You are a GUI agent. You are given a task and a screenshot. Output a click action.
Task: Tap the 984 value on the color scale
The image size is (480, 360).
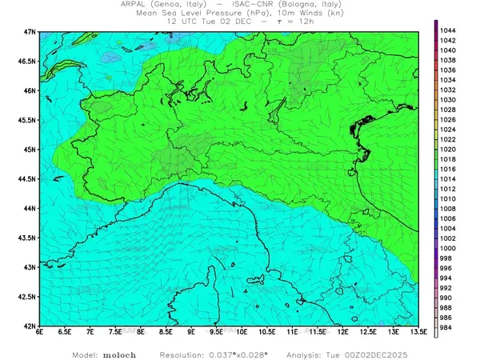(x=448, y=326)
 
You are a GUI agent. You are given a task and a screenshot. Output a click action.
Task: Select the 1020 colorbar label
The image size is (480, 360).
(x=448, y=149)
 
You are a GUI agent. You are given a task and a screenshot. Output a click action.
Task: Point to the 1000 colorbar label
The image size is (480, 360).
(x=448, y=248)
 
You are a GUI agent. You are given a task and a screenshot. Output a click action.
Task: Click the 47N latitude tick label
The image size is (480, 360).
(x=30, y=31)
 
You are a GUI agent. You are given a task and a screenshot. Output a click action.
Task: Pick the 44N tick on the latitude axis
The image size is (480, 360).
(x=30, y=208)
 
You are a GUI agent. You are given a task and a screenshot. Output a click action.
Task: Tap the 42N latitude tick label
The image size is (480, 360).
(x=30, y=326)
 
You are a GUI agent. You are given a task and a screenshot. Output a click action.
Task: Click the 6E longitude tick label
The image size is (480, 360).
(x=39, y=333)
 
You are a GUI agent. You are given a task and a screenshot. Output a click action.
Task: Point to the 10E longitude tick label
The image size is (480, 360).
(x=241, y=333)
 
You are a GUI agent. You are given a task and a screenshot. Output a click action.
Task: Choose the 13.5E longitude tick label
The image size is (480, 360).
(x=417, y=333)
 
